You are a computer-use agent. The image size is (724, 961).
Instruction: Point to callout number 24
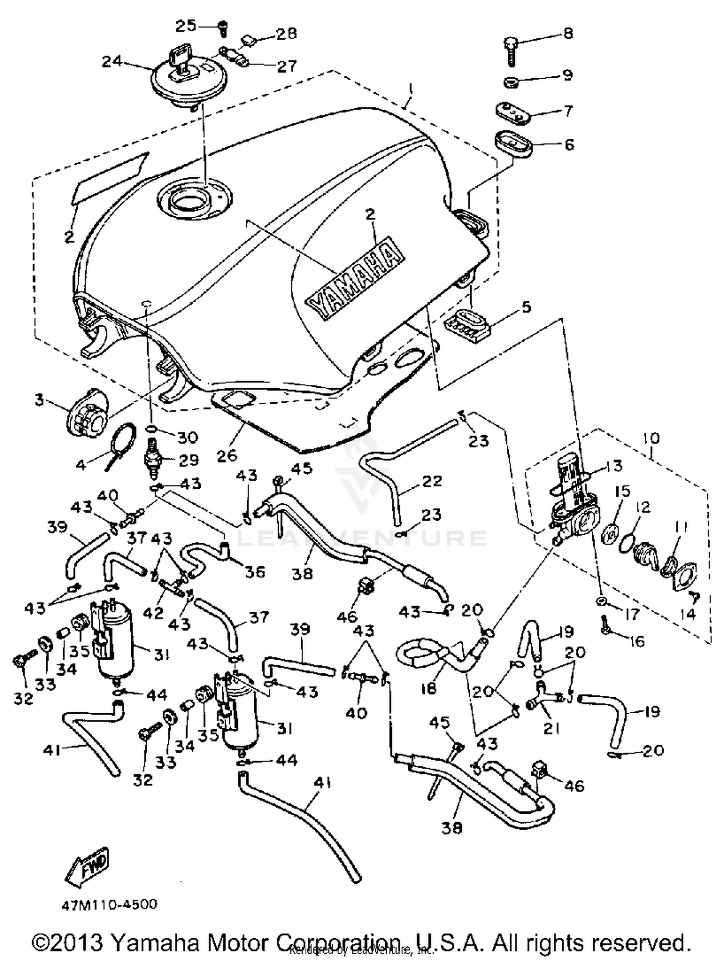111,62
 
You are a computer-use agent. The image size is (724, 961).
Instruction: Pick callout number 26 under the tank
227,455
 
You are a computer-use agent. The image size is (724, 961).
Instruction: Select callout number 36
255,572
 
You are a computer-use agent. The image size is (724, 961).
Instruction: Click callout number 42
153,613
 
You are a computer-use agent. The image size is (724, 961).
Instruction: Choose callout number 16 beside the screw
637,641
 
